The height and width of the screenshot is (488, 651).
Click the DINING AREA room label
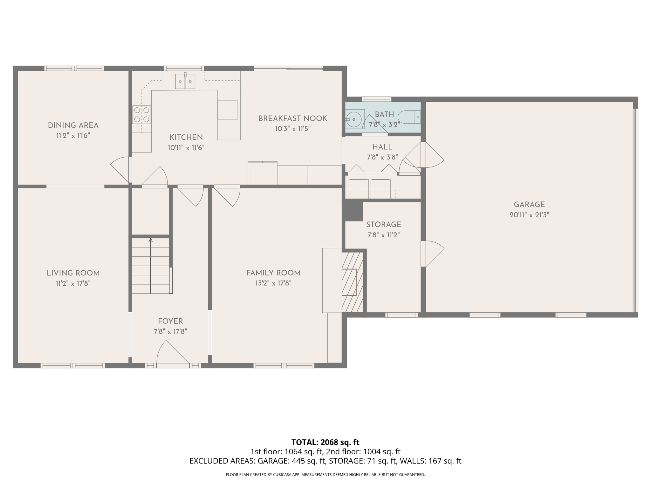pos(73,125)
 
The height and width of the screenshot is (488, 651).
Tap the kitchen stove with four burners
pos(141,115)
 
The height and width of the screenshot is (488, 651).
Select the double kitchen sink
pos(185,82)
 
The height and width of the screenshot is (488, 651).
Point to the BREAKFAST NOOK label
pos(292,119)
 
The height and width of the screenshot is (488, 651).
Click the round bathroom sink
pos(353,119)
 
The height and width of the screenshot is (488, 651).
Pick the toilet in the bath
pos(409,117)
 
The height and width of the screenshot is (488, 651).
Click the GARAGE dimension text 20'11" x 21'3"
pos(529,215)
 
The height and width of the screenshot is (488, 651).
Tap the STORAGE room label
pos(383,225)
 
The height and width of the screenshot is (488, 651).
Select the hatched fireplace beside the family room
pos(352,282)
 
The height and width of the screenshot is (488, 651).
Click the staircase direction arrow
pos(151,241)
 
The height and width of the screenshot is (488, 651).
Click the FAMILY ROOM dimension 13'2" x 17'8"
pos(273,283)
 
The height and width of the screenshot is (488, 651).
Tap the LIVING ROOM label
pos(73,273)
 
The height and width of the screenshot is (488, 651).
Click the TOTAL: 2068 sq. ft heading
pos(325,442)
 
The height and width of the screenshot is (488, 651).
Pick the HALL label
pos(382,147)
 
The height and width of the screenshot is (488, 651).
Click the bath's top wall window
pos(376,99)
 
